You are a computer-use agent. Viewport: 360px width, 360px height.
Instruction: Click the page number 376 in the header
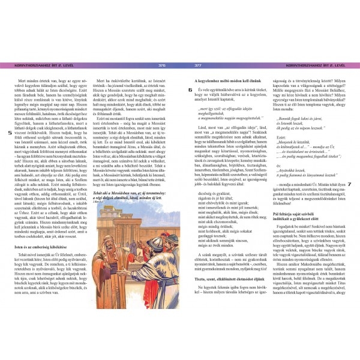(x=161, y=65)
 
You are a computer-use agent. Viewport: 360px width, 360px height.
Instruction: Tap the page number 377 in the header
(x=199, y=65)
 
